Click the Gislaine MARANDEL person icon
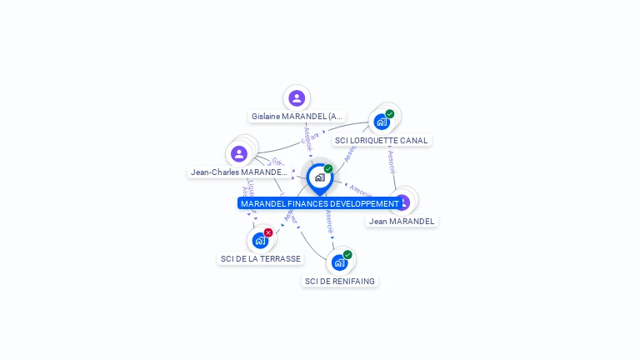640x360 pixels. [x=297, y=98]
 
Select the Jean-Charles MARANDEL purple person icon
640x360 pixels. [x=239, y=154]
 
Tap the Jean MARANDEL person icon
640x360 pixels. [x=402, y=202]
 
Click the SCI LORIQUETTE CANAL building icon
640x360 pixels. [x=382, y=122]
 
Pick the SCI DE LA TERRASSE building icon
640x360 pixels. [x=260, y=241]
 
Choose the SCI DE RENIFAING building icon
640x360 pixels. [x=339, y=262]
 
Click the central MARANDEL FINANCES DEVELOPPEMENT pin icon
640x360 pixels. [x=319, y=177]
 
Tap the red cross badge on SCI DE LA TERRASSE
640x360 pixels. [x=268, y=232]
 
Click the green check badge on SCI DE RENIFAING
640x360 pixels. [x=347, y=254]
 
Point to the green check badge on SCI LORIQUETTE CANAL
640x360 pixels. [x=390, y=114]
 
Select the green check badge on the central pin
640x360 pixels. [x=328, y=169]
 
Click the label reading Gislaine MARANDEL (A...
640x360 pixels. [x=297, y=117]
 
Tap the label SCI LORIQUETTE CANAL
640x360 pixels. [x=382, y=140]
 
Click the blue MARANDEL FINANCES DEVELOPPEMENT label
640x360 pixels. [x=320, y=203]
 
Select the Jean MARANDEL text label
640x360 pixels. [x=402, y=222]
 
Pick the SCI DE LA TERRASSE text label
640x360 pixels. [x=260, y=259]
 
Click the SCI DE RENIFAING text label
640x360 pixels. [x=339, y=282]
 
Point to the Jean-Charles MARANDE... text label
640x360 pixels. [x=239, y=172]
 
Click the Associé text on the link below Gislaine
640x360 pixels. [x=307, y=138]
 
